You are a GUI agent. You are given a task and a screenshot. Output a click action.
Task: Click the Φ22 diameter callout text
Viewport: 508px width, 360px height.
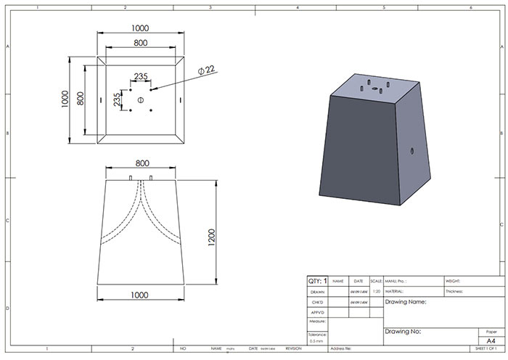(207, 70)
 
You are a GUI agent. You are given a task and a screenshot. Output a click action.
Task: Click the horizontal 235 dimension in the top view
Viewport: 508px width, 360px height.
(141, 76)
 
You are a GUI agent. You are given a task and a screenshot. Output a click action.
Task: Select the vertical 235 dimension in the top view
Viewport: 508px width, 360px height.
(118, 100)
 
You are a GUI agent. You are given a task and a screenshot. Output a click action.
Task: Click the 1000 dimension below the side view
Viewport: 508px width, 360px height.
(140, 295)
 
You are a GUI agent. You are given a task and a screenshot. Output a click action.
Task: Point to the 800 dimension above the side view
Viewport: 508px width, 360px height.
(140, 163)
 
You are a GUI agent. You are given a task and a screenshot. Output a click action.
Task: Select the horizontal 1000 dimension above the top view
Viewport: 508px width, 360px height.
(140, 28)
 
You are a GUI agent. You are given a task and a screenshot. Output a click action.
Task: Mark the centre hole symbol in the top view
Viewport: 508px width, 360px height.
(141, 99)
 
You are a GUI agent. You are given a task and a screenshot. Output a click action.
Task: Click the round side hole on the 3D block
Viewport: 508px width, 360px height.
(413, 152)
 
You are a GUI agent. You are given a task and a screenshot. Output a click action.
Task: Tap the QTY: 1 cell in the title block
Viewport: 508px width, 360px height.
(317, 281)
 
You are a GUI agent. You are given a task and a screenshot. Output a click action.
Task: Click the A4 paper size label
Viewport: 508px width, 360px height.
(491, 338)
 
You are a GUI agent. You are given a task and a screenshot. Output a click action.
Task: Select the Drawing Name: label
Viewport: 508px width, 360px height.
(406, 301)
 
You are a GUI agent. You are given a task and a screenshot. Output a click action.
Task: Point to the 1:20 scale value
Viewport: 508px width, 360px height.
(376, 291)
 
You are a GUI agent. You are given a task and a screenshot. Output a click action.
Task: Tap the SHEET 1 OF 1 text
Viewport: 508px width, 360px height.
(490, 348)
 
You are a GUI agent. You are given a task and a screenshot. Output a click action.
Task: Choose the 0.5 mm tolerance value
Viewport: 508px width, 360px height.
(317, 340)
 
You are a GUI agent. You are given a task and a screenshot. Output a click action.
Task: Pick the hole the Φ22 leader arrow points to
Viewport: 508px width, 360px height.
(151, 90)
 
